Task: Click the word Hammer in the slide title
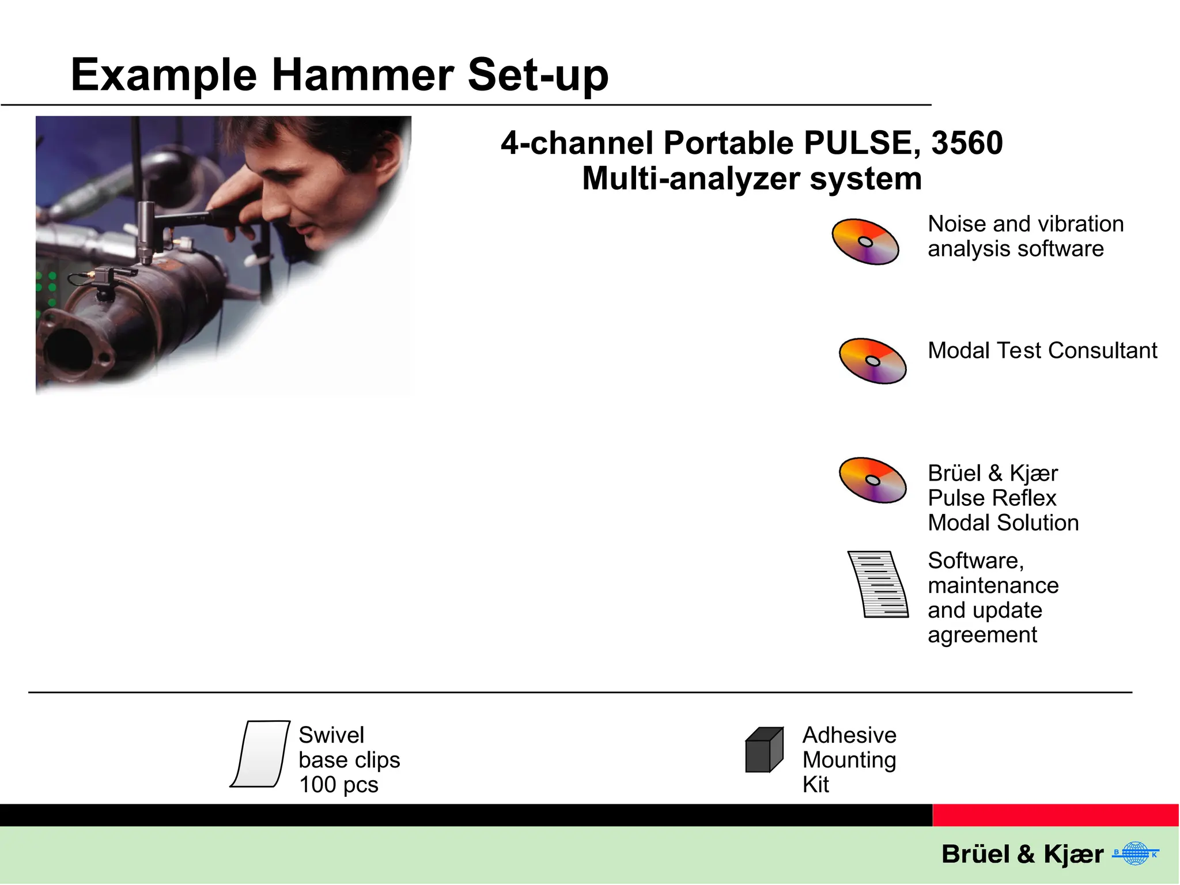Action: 363,75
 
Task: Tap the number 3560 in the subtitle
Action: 967,143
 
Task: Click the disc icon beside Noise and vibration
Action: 865,242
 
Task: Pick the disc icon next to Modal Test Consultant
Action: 872,361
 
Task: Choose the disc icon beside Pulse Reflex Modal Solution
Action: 872,480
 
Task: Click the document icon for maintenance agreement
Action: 878,584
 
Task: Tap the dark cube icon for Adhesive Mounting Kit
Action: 764,750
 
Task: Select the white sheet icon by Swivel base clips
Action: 260,754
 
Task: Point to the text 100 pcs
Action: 338,785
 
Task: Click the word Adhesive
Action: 849,735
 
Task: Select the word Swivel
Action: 331,735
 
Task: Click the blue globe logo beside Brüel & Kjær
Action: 1135,853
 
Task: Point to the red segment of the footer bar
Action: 1056,815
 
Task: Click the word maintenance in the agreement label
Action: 993,585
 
